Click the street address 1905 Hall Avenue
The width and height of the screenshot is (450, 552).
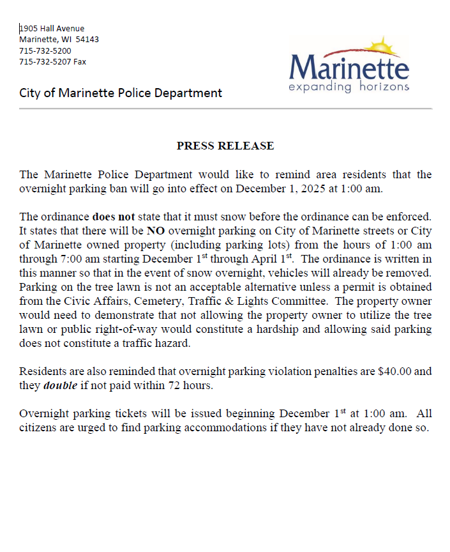(x=52, y=28)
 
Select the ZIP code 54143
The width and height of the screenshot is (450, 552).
(x=87, y=40)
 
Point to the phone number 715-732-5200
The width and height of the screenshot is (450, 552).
(x=45, y=50)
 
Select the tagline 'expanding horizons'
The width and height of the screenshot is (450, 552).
(x=349, y=86)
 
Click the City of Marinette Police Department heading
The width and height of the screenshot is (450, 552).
(x=121, y=93)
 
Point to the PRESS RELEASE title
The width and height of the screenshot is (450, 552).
(x=225, y=146)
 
